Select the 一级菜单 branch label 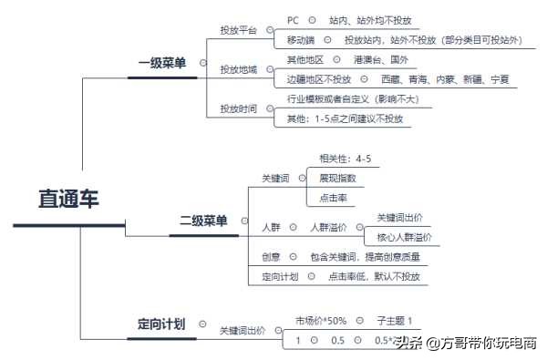coord(162,63)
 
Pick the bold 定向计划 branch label coord(161,324)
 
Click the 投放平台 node coord(238,30)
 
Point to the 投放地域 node coord(238,69)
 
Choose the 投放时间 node coord(238,109)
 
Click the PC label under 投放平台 coord(293,19)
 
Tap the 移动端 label coord(301,40)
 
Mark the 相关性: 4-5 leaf coord(345,159)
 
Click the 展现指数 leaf coord(337,178)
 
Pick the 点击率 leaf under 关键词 coord(332,198)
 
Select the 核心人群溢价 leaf coord(404,237)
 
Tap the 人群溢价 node coord(328,227)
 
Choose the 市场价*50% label coord(321,321)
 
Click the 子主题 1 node coord(396,321)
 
